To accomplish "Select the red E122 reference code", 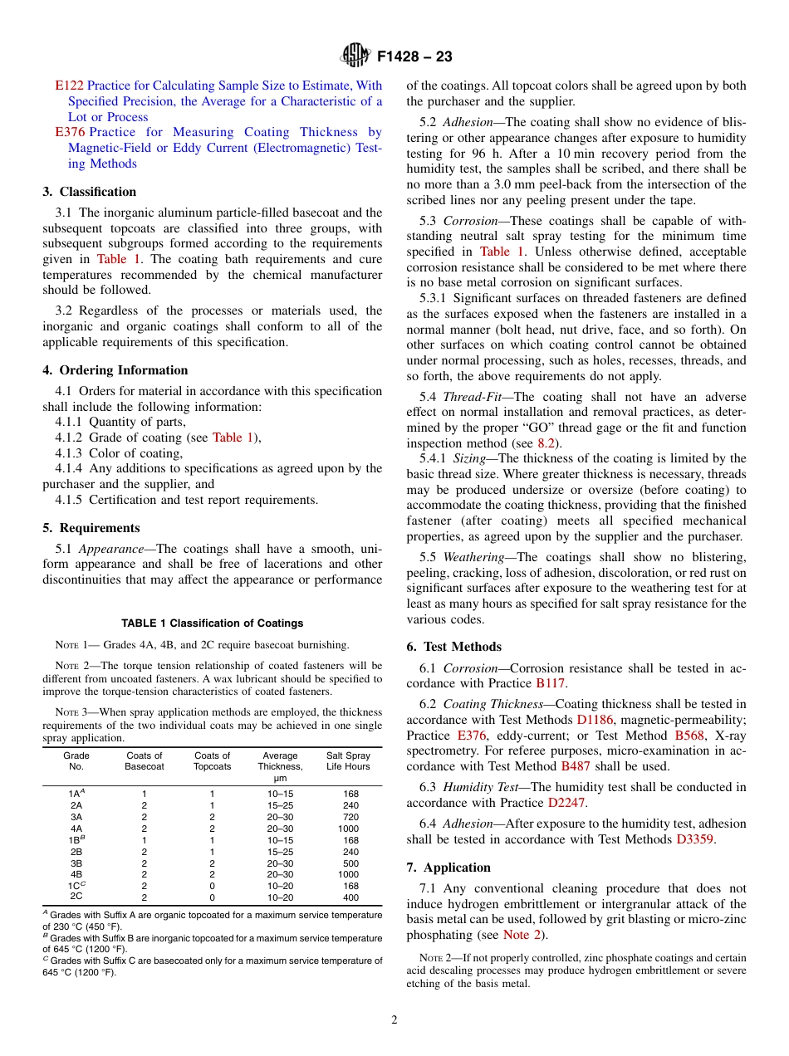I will point(69,86).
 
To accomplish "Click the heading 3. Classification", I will point(90,192).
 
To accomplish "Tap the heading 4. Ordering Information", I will point(115,370).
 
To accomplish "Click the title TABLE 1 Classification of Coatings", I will point(212,623).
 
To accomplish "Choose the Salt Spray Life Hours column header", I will point(348,761).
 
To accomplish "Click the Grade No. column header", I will point(76,761).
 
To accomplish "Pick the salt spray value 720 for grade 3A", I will point(350,817).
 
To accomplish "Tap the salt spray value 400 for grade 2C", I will point(350,897).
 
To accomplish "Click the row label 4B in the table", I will point(76,874).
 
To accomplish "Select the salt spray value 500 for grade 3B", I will point(350,863).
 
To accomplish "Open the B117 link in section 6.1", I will point(550,683).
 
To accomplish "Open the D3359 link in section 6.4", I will point(693,839).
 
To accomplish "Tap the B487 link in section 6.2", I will point(576,766).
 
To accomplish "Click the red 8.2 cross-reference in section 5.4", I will point(545,443).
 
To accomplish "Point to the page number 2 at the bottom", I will point(394,1020).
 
